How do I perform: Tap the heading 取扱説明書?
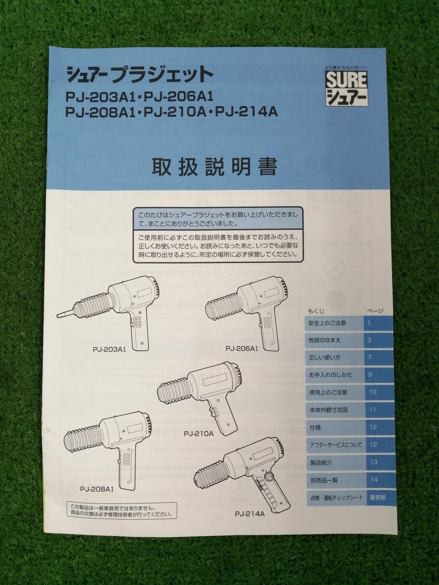click(214, 167)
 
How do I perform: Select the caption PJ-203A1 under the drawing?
click(109, 350)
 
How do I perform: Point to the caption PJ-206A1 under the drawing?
click(242, 348)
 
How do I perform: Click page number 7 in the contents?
click(369, 357)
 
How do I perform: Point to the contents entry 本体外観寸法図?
click(328, 410)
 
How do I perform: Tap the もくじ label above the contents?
click(316, 311)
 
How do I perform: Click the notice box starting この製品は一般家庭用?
click(122, 511)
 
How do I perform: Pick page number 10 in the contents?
click(372, 392)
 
